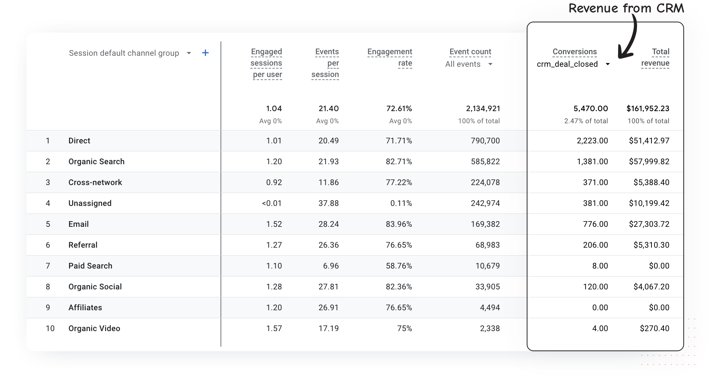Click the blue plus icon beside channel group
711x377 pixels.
(x=205, y=53)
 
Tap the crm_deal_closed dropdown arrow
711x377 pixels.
(x=607, y=64)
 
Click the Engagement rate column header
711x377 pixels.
(x=390, y=57)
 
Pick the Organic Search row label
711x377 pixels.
(x=96, y=162)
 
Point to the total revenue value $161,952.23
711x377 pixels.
(x=648, y=108)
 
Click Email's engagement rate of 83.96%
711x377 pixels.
(x=399, y=224)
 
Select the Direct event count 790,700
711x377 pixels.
(x=485, y=141)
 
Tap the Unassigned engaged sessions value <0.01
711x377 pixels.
(x=272, y=203)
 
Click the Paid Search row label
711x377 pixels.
(x=90, y=266)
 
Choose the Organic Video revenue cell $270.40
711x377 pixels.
(x=654, y=328)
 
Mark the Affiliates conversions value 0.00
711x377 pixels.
(x=600, y=308)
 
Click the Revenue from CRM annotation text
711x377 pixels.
(x=626, y=8)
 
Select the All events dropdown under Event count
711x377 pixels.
(x=469, y=64)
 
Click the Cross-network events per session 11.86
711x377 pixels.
(x=328, y=182)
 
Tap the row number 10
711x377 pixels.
(x=50, y=328)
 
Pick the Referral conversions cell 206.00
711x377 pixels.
(x=595, y=245)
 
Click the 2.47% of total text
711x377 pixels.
(x=586, y=121)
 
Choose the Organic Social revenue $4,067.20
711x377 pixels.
(x=651, y=287)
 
